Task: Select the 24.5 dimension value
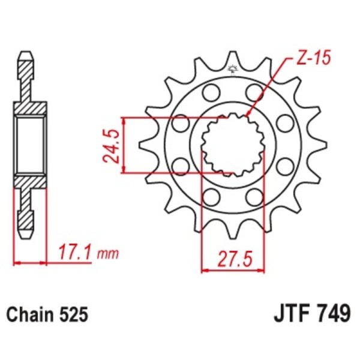point(110,146)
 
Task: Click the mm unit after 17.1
point(107,254)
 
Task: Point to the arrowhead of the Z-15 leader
point(248,114)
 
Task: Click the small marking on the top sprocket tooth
point(232,68)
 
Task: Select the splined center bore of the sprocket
point(232,146)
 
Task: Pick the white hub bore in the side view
point(29,145)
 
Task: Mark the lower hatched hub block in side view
point(29,182)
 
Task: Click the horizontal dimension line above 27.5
point(232,271)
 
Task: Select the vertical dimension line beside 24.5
point(124,146)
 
